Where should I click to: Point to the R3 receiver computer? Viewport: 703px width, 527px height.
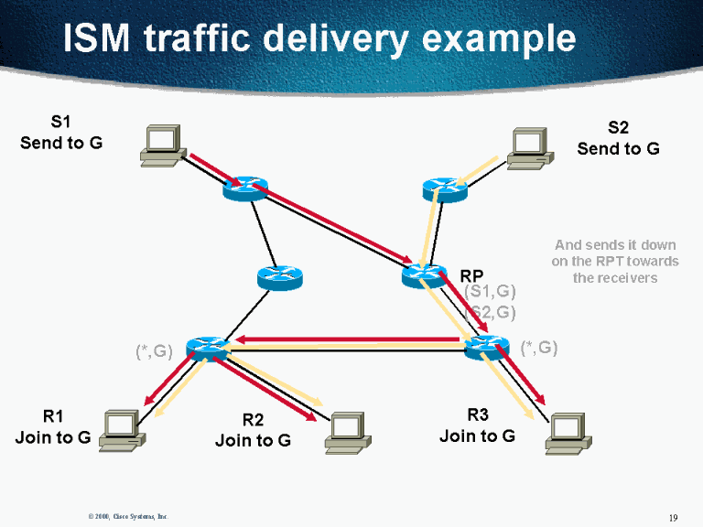point(567,432)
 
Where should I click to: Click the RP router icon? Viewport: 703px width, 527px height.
point(423,274)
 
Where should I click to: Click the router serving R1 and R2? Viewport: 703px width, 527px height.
point(208,348)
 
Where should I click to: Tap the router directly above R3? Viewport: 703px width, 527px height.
point(486,348)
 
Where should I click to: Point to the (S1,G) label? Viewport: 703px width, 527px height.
point(490,292)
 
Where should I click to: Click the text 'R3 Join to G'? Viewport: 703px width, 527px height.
point(477,425)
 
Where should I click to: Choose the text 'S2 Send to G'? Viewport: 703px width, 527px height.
point(618,138)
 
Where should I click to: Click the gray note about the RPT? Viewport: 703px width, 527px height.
point(615,261)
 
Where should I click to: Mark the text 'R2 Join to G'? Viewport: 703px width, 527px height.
point(253,430)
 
